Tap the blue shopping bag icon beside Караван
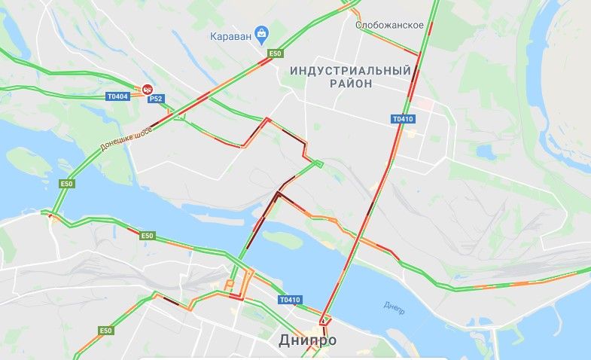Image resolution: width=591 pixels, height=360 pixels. [x=261, y=33]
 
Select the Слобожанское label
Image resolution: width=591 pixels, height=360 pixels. [x=389, y=25]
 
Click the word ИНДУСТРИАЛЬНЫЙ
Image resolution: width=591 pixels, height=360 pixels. [x=351, y=70]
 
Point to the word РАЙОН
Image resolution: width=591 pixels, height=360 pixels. [x=351, y=84]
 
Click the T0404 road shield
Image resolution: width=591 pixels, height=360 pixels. [x=117, y=96]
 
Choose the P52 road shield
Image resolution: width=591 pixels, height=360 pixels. [x=156, y=99]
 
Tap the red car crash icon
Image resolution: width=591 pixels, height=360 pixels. [x=148, y=88]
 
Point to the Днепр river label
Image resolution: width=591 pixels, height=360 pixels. [x=394, y=306]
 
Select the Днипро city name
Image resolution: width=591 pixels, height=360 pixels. [x=307, y=340]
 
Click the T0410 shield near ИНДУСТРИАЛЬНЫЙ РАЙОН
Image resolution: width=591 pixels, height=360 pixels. [x=403, y=118]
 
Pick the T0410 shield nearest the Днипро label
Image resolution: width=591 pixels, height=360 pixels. [x=290, y=300]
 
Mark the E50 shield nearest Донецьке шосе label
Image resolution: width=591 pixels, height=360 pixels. [x=67, y=183]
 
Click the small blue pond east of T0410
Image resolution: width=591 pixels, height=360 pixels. [x=485, y=151]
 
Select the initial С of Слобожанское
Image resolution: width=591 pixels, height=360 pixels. [x=358, y=25]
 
